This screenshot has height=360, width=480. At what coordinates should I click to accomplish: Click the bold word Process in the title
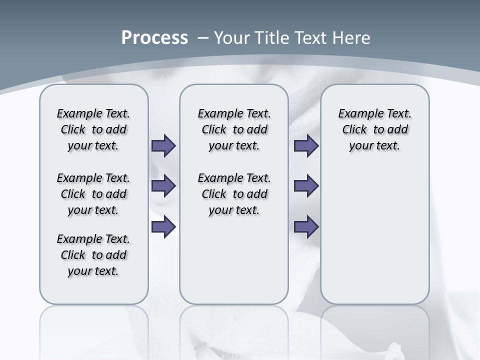click(154, 38)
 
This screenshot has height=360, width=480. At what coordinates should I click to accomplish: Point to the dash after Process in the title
click(202, 38)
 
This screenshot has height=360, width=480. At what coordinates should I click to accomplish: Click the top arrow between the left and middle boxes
click(163, 146)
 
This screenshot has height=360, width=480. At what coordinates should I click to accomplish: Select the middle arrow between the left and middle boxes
click(163, 186)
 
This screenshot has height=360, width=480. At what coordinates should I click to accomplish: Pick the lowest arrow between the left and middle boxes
click(163, 227)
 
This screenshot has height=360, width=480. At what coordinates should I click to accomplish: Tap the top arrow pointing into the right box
click(306, 146)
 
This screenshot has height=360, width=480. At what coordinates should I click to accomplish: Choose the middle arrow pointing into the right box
click(306, 186)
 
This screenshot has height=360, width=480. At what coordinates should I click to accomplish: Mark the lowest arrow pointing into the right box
click(306, 227)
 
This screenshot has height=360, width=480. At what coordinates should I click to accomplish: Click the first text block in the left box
click(93, 129)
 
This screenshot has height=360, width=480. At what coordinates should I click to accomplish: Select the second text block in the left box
click(93, 194)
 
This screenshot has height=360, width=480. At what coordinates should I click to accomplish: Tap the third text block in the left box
click(93, 255)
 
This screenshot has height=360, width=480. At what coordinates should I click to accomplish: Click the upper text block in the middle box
click(234, 129)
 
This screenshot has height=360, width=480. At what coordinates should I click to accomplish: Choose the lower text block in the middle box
click(234, 194)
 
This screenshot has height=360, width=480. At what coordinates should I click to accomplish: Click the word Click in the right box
click(354, 129)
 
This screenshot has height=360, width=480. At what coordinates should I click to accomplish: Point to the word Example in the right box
click(356, 113)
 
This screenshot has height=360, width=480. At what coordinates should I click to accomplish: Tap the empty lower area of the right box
click(374, 235)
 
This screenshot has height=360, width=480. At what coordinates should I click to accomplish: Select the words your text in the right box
click(374, 146)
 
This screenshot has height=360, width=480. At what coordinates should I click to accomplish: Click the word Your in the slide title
click(231, 38)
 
